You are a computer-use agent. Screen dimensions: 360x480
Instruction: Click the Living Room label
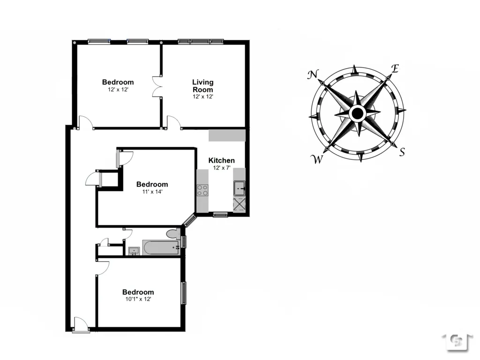pos(202,86)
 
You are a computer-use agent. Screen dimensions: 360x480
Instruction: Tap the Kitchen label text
pos(221,160)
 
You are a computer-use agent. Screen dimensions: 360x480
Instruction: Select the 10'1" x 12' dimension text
pos(138,299)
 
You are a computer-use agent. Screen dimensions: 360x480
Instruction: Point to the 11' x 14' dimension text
pos(152,191)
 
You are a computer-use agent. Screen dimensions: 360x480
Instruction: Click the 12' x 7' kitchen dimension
pos(221,167)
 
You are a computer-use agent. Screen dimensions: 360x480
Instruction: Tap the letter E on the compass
pos(395,69)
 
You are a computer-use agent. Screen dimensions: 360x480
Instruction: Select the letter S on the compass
pos(402,152)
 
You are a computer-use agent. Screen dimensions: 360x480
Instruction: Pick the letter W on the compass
pos(317,160)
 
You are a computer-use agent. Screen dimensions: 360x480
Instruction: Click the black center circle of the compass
pos(357,113)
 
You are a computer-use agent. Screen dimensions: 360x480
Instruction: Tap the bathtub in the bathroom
pos(161,248)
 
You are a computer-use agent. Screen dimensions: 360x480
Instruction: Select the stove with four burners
pos(202,190)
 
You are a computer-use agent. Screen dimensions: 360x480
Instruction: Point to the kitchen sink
pos(240,188)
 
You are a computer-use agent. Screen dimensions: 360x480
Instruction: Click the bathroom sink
pos(133,251)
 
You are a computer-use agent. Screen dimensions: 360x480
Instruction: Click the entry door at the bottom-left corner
pos(81,325)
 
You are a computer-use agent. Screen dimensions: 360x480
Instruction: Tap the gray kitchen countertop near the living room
pos(227,135)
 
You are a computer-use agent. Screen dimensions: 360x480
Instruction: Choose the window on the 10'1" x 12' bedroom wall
pos(184,292)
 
